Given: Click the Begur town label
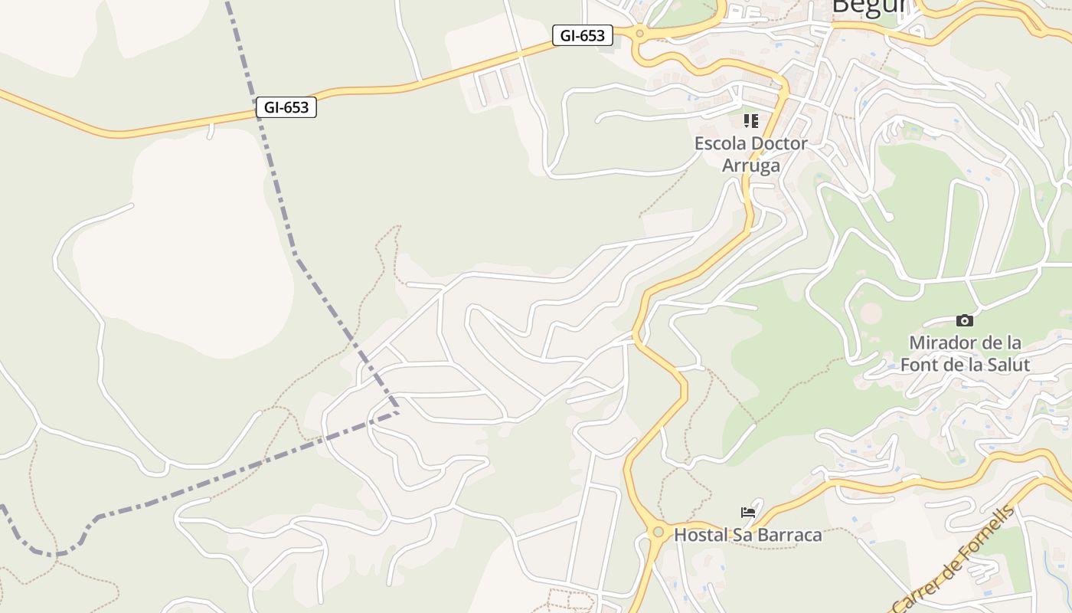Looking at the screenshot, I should click(x=868, y=6).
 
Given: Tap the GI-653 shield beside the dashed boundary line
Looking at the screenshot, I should click(x=286, y=107).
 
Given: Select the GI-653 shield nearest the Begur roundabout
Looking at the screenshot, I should click(x=583, y=35).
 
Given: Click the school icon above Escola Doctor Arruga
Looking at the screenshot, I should click(x=750, y=121).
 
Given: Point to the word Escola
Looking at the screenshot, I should click(x=720, y=143).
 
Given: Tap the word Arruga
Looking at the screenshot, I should click(x=751, y=165).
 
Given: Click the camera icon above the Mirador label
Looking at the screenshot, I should click(x=965, y=320).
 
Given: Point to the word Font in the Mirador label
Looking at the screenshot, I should click(x=919, y=364).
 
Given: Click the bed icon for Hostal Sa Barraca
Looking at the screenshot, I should click(x=748, y=513).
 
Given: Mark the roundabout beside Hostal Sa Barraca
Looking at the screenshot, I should click(x=658, y=531).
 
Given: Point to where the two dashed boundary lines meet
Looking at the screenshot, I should click(x=397, y=412).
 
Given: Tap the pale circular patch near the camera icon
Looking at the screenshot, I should click(x=871, y=313).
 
